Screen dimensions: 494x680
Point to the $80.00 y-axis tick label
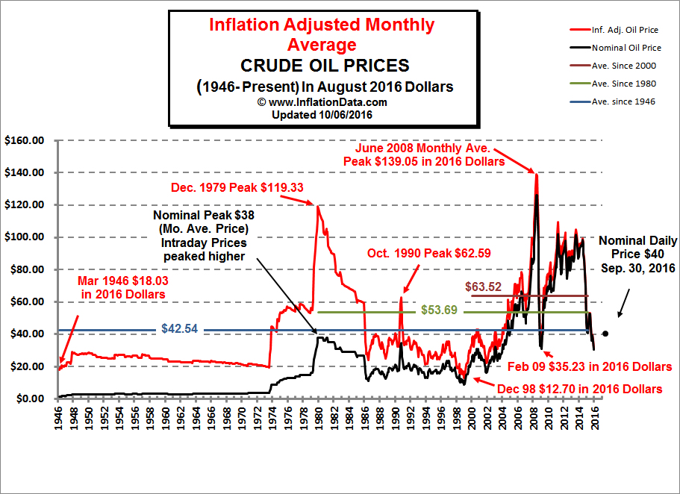26,269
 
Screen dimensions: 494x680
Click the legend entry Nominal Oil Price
623,48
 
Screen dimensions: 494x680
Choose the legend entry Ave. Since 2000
622,66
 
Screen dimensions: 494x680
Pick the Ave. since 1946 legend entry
622,101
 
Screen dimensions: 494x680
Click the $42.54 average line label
180,328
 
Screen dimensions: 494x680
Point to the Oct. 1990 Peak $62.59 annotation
419,253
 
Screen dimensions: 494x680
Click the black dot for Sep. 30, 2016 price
605,334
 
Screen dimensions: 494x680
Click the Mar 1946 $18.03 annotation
123,287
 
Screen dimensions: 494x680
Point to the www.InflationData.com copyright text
322,102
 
